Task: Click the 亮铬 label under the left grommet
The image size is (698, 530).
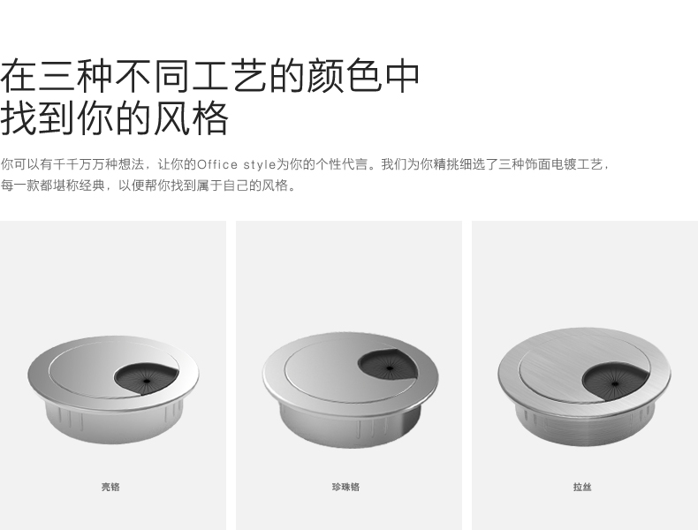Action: click(x=110, y=487)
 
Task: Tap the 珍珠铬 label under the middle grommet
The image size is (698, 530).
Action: click(x=345, y=487)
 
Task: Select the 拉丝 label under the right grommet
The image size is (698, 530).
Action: click(x=581, y=487)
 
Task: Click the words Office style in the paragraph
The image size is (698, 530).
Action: click(x=236, y=164)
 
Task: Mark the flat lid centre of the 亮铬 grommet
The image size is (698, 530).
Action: click(x=88, y=367)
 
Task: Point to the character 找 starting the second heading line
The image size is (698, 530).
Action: click(x=19, y=117)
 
